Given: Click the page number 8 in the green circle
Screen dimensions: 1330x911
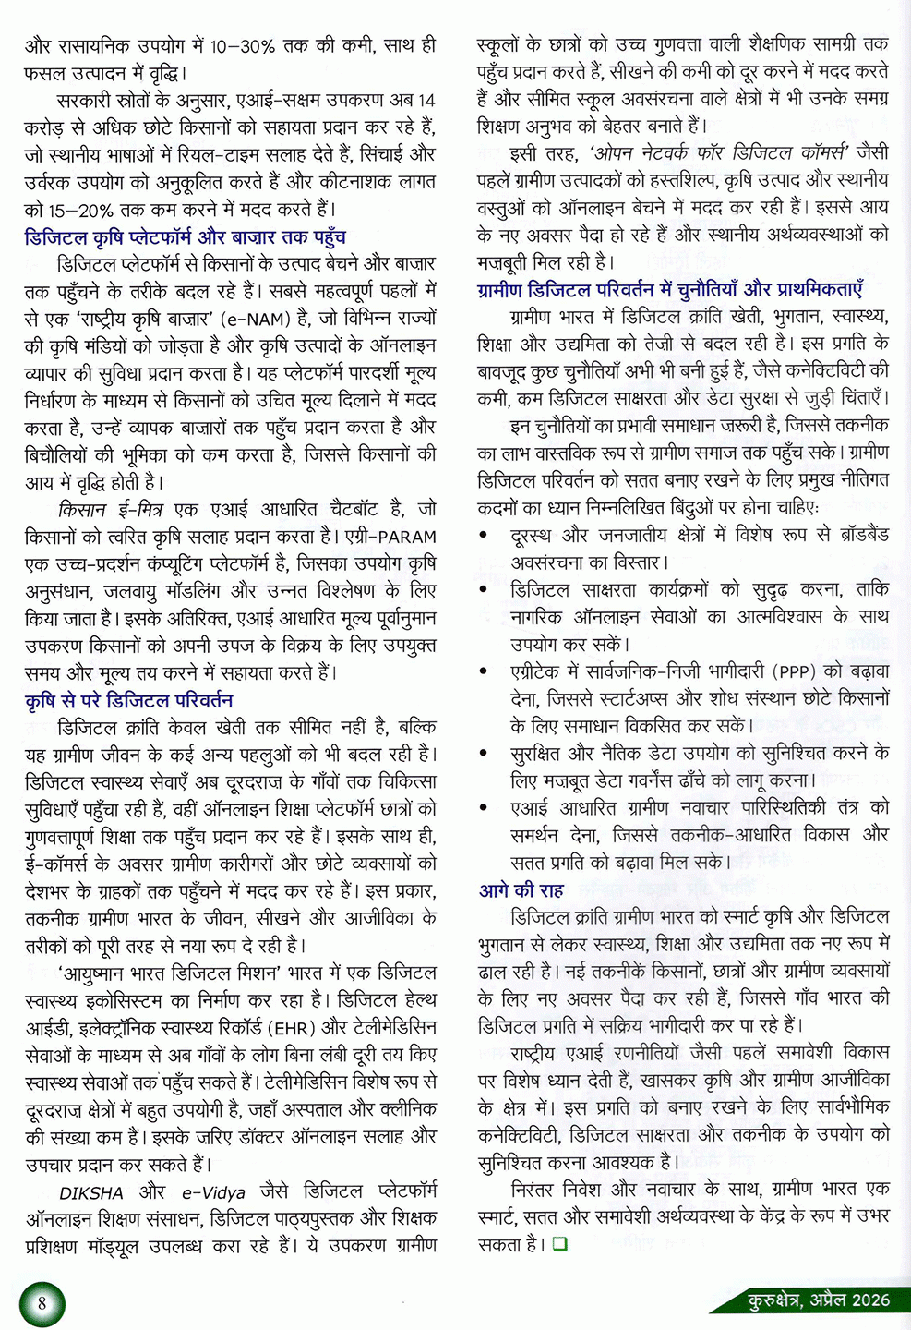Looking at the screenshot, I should [x=42, y=1303].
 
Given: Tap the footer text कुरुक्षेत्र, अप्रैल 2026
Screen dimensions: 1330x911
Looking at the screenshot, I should [x=819, y=1300].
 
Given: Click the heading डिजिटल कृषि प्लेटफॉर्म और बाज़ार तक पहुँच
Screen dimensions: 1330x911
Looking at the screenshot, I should [x=185, y=237].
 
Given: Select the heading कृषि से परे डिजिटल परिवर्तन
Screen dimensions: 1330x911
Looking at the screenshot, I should [x=128, y=700].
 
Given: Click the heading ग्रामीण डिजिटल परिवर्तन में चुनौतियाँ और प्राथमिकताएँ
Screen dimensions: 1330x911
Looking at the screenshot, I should [x=670, y=290].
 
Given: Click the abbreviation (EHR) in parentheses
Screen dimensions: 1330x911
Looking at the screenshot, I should [x=294, y=1028].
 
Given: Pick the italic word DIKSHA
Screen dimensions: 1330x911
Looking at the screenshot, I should [x=91, y=1193].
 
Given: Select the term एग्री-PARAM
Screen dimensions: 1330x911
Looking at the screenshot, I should [x=390, y=537].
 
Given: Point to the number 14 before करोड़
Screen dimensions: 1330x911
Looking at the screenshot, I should [x=426, y=100].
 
